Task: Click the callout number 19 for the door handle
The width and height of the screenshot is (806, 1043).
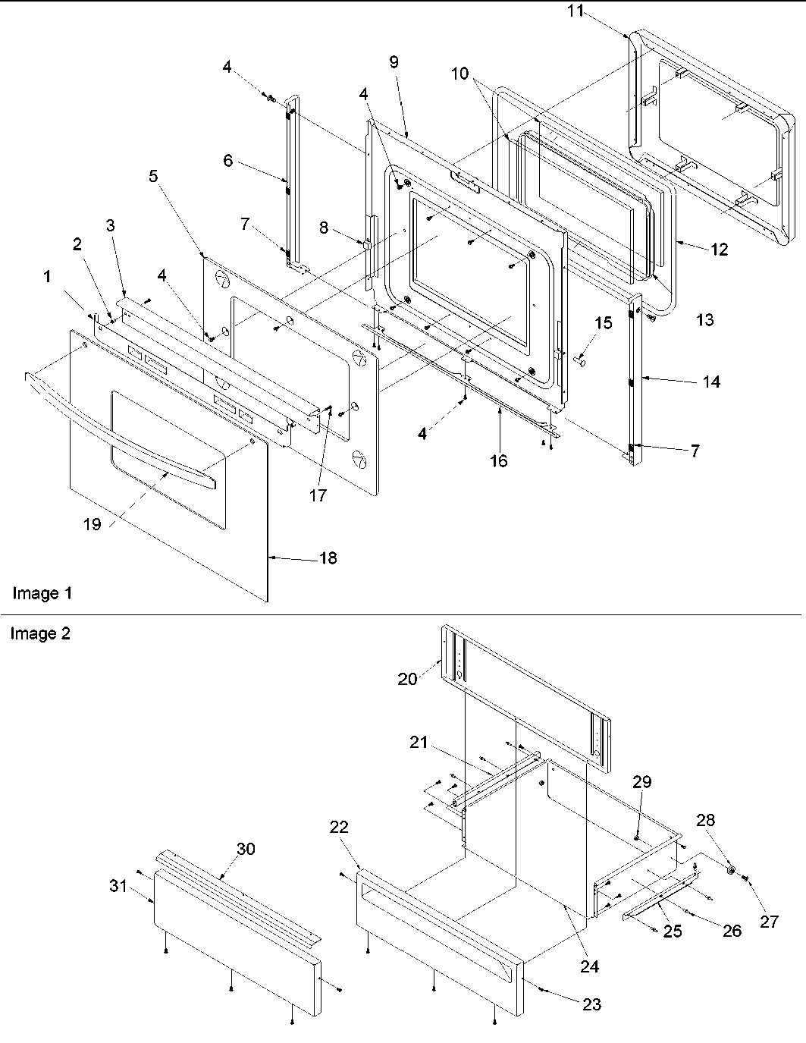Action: point(92,524)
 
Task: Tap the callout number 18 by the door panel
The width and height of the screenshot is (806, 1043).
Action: point(328,558)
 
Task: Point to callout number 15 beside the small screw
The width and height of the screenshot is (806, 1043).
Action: point(603,323)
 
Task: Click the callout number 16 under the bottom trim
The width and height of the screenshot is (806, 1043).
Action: point(498,460)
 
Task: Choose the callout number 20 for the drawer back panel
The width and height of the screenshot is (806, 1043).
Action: point(407,678)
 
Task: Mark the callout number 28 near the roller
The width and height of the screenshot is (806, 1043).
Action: point(706,820)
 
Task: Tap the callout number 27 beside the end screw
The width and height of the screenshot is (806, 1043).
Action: point(769,921)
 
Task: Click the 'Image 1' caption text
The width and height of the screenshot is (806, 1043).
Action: point(42,593)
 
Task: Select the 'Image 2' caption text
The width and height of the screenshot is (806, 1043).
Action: point(39,633)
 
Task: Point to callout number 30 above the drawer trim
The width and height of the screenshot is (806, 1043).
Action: point(245,849)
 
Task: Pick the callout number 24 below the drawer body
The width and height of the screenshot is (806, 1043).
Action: point(589,966)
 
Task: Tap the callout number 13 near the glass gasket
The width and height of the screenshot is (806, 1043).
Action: point(704,319)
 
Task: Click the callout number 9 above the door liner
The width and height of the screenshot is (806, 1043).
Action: point(394,62)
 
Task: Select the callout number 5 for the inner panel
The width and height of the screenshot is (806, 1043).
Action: point(154,177)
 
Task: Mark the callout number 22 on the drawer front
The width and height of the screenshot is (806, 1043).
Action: point(338,827)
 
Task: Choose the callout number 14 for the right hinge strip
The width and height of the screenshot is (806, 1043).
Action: point(710,382)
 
